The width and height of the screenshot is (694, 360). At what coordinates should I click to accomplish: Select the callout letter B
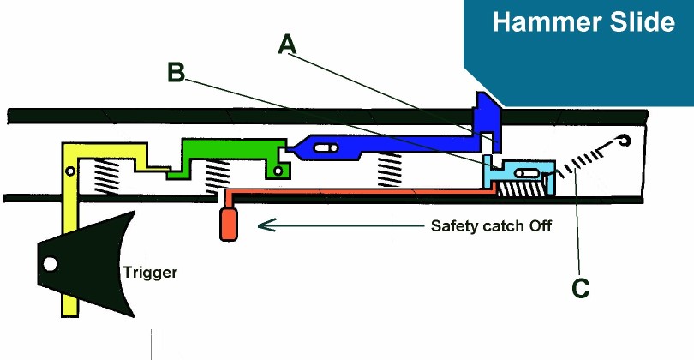[176, 74]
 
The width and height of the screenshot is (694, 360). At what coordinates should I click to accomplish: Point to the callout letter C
[580, 289]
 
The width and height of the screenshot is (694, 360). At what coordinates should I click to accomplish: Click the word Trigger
[151, 273]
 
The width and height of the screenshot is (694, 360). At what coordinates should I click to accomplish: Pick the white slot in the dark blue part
[326, 148]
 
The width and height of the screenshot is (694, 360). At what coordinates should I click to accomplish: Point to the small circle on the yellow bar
[70, 172]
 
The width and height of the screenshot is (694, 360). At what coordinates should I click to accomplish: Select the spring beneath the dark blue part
[390, 168]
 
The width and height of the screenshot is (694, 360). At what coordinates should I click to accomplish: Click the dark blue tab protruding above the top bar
[486, 111]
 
